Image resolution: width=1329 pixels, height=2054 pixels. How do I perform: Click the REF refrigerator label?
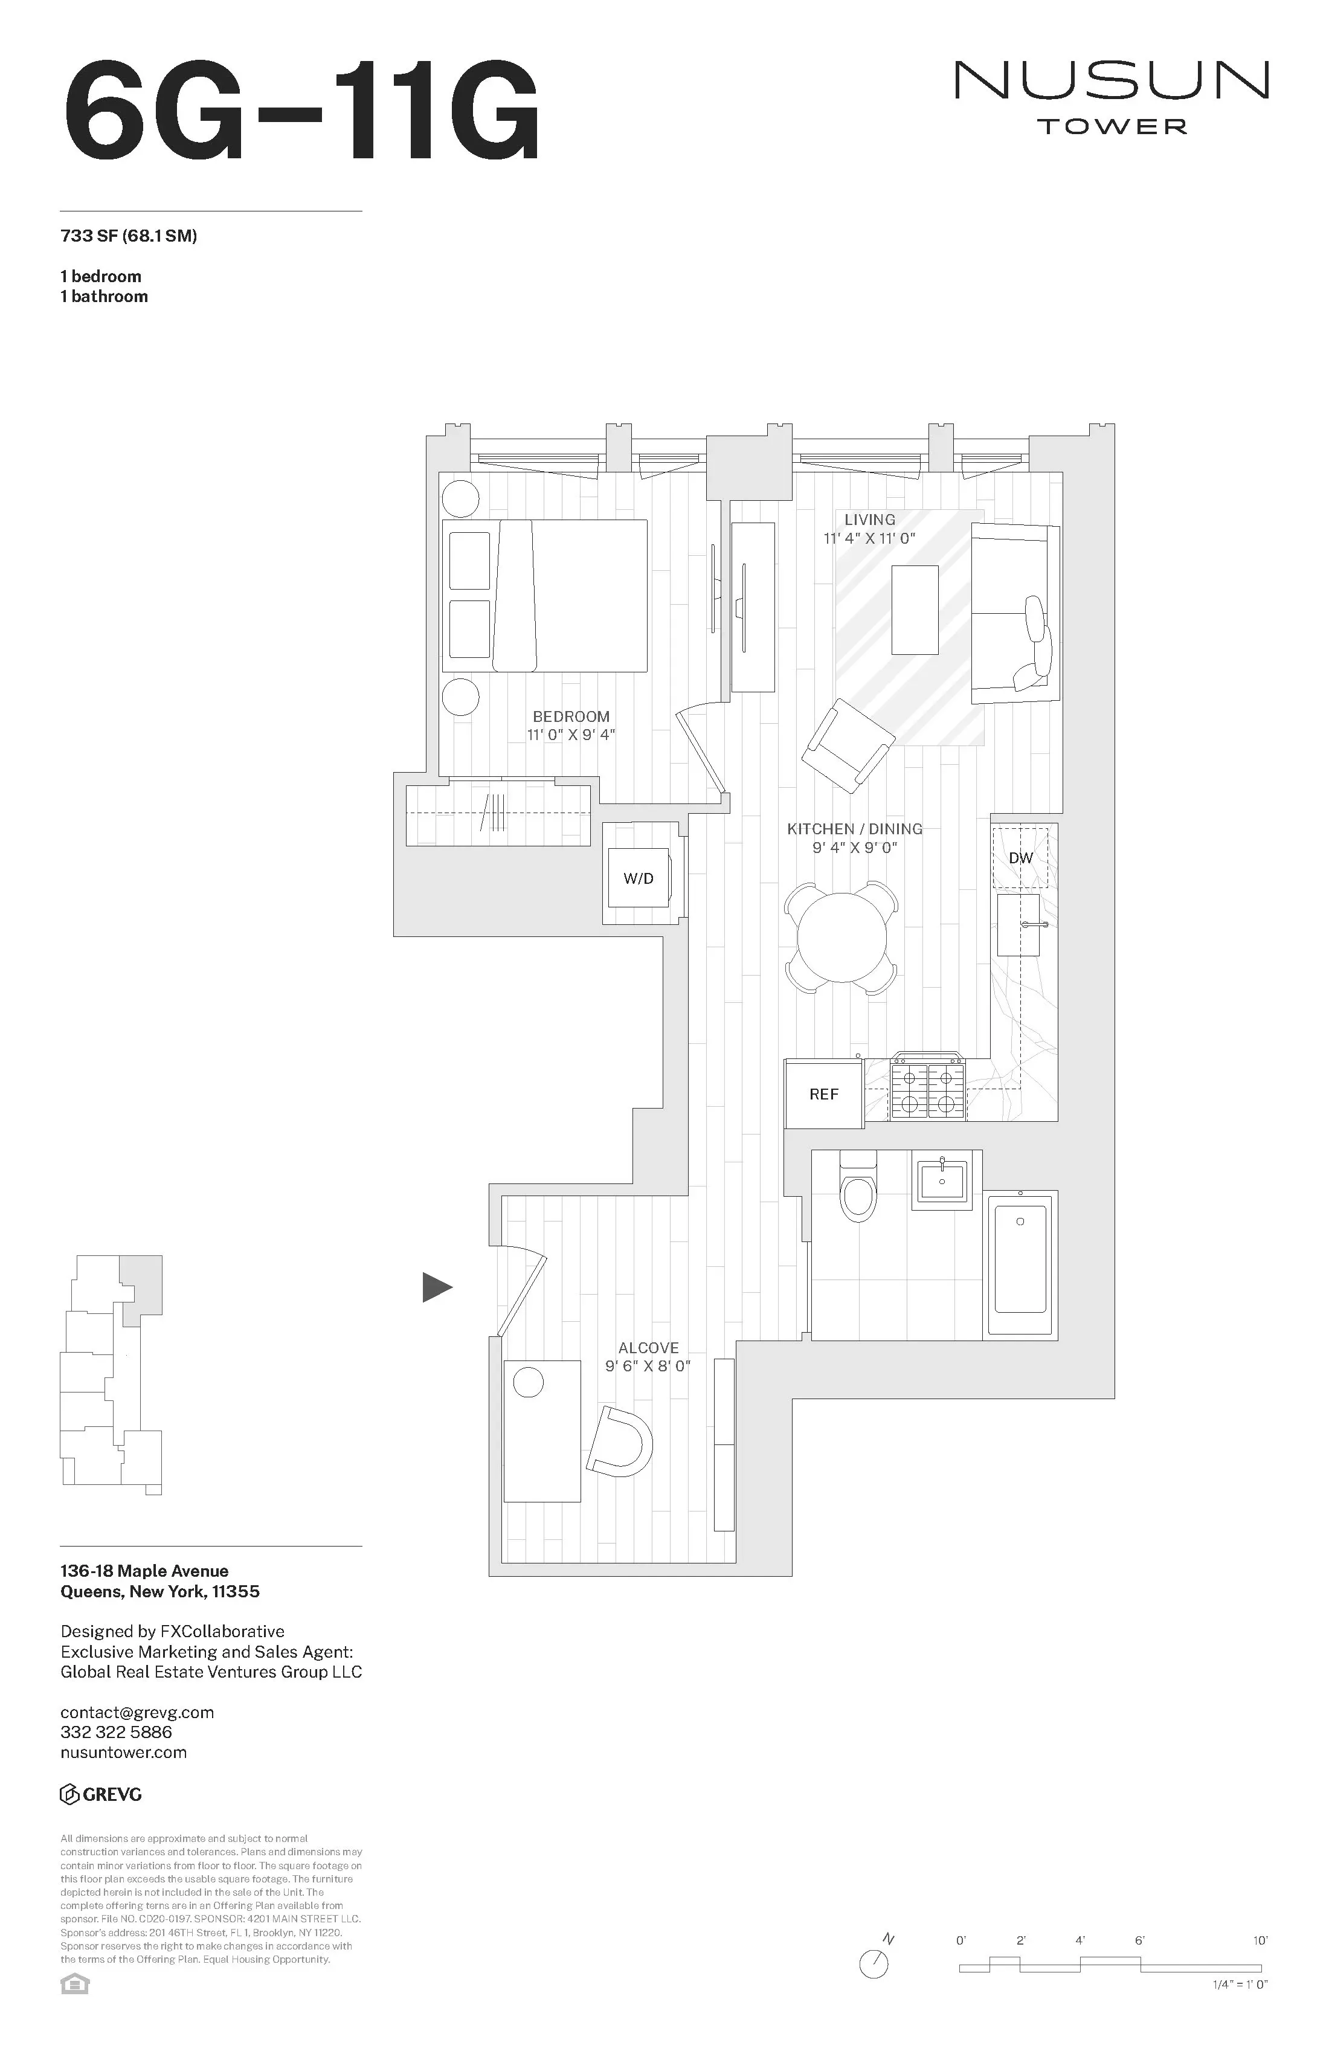pyautogui.click(x=823, y=1094)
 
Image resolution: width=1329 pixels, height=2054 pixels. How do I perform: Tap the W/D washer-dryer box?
pyautogui.click(x=639, y=878)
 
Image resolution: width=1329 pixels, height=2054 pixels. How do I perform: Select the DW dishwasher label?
pyautogui.click(x=1020, y=858)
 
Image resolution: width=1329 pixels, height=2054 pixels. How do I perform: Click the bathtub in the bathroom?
pyautogui.click(x=1021, y=1264)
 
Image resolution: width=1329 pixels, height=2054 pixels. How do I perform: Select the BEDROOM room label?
pyautogui.click(x=570, y=716)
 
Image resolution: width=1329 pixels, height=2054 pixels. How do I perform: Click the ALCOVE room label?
pyautogui.click(x=648, y=1347)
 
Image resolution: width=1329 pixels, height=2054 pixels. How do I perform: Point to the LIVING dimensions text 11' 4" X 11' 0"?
pyautogui.click(x=869, y=538)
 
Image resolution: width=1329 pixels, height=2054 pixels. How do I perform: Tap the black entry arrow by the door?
pyautogui.click(x=437, y=1287)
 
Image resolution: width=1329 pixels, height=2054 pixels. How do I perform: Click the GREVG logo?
pyautogui.click(x=101, y=1795)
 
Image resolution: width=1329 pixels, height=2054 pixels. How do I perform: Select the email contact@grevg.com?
pyautogui.click(x=137, y=1712)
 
